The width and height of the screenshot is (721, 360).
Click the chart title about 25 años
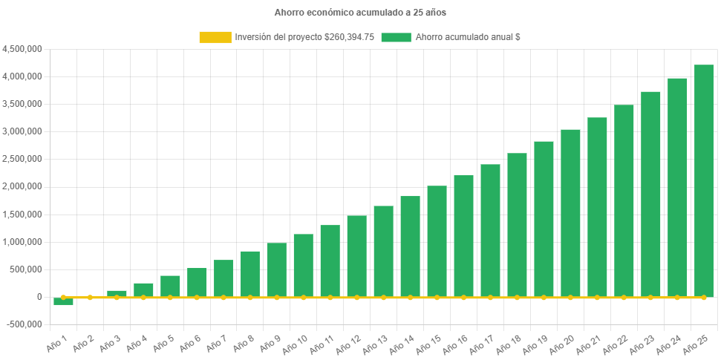pyautogui.click(x=360, y=13)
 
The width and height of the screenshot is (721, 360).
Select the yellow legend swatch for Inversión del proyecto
pyautogui.click(x=215, y=37)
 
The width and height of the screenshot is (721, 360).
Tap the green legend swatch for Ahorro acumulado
pyautogui.click(x=396, y=37)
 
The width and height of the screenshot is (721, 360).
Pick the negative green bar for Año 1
pyautogui.click(x=63, y=301)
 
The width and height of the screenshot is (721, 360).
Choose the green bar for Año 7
pyautogui.click(x=224, y=278)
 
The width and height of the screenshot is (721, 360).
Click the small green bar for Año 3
pyautogui.click(x=117, y=293)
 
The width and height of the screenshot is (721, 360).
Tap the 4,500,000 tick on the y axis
pyautogui.click(x=22, y=49)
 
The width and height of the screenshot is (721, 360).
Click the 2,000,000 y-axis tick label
pyautogui.click(x=22, y=186)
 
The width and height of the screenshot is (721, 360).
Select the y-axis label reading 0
pyautogui.click(x=39, y=297)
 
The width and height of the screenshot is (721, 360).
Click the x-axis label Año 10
pyautogui.click(x=296, y=342)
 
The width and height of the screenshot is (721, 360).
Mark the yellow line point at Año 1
pyautogui.click(x=63, y=297)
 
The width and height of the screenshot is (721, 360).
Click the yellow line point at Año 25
pyautogui.click(x=703, y=297)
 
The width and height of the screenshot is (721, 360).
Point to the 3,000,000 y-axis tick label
pyautogui.click(x=22, y=131)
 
